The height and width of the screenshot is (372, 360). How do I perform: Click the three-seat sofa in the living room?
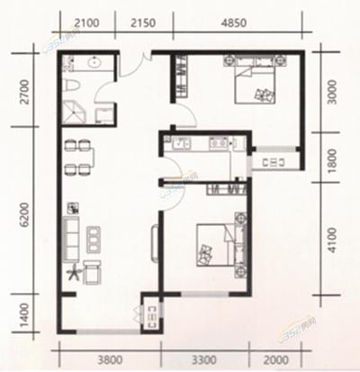(74, 237)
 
